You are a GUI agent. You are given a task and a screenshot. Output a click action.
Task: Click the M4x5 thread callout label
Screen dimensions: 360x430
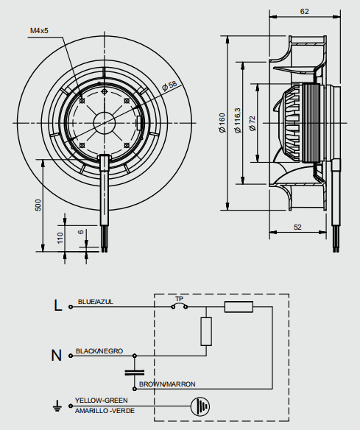[x=39, y=30]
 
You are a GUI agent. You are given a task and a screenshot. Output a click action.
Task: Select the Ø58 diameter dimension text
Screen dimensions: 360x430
[x=169, y=86]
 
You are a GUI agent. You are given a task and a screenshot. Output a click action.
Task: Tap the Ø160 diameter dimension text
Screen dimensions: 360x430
[x=222, y=123]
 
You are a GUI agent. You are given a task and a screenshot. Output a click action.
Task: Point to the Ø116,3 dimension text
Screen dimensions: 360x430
[x=238, y=121]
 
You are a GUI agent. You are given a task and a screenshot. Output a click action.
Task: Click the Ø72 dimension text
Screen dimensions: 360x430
[x=252, y=124]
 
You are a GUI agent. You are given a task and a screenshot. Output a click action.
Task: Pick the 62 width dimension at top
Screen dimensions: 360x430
[x=304, y=11]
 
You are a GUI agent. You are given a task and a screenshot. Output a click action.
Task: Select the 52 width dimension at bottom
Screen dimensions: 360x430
[x=297, y=227]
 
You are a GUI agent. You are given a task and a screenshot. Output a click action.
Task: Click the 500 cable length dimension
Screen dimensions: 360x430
[x=38, y=205]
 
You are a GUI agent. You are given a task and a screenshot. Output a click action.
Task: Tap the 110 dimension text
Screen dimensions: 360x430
[x=60, y=238]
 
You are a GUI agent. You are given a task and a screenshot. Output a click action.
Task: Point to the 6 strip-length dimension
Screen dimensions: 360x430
[x=80, y=232]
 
